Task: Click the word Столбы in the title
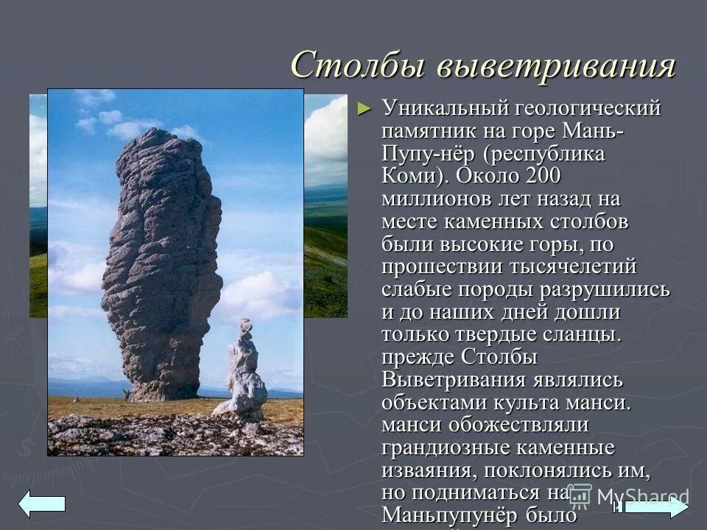tap(357, 66)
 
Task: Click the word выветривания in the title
tap(555, 66)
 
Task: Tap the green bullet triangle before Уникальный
tap(363, 109)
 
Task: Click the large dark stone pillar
tap(163, 258)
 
